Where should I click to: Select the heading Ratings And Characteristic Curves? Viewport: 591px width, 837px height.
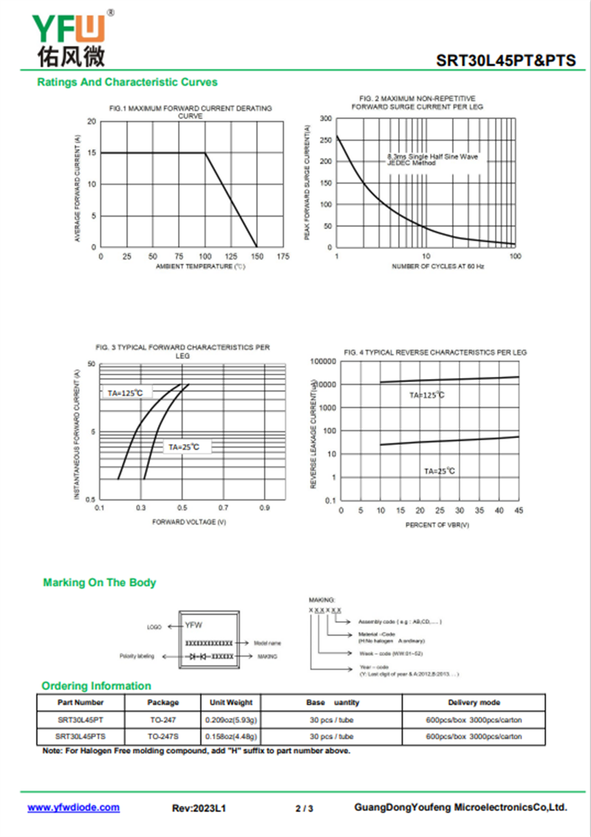click(127, 82)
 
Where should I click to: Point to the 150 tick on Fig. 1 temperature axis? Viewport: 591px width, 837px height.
click(257, 256)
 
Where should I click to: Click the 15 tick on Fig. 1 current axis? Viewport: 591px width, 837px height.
click(92, 153)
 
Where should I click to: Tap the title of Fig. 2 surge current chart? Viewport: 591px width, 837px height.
click(417, 103)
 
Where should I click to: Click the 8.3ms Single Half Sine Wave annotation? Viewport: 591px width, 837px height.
click(433, 157)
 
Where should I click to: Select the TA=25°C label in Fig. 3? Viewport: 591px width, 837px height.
click(184, 447)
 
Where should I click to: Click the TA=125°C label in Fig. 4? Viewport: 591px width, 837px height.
click(427, 395)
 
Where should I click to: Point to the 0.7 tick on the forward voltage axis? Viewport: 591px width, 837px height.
click(223, 508)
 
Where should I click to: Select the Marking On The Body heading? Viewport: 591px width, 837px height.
click(100, 583)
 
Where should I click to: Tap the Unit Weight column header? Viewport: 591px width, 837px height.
click(230, 703)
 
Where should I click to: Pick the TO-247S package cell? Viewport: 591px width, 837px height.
click(163, 737)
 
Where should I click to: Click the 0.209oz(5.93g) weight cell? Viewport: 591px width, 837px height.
click(230, 720)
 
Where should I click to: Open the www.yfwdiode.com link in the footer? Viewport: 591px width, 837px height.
click(74, 807)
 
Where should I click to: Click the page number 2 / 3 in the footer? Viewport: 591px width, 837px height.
click(304, 809)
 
